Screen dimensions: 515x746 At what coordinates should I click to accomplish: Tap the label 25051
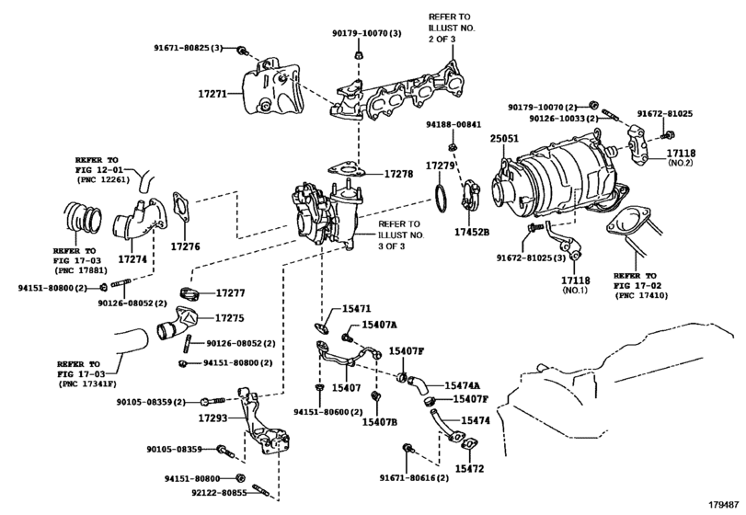(504, 139)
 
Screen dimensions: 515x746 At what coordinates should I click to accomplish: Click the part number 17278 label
(399, 173)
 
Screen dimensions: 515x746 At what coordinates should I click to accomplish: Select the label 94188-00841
(453, 124)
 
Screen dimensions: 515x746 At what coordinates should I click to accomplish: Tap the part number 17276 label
(186, 246)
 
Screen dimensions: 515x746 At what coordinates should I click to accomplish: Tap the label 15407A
(379, 325)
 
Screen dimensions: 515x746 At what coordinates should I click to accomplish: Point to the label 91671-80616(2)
(414, 478)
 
